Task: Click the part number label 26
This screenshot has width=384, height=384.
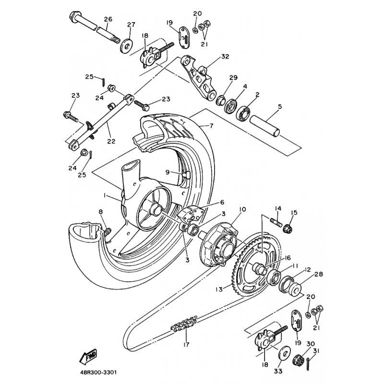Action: [x=108, y=20]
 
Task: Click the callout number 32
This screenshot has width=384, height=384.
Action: [x=225, y=57]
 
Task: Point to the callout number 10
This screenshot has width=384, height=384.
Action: [x=242, y=210]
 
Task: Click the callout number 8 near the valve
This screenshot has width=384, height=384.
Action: [x=101, y=212]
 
